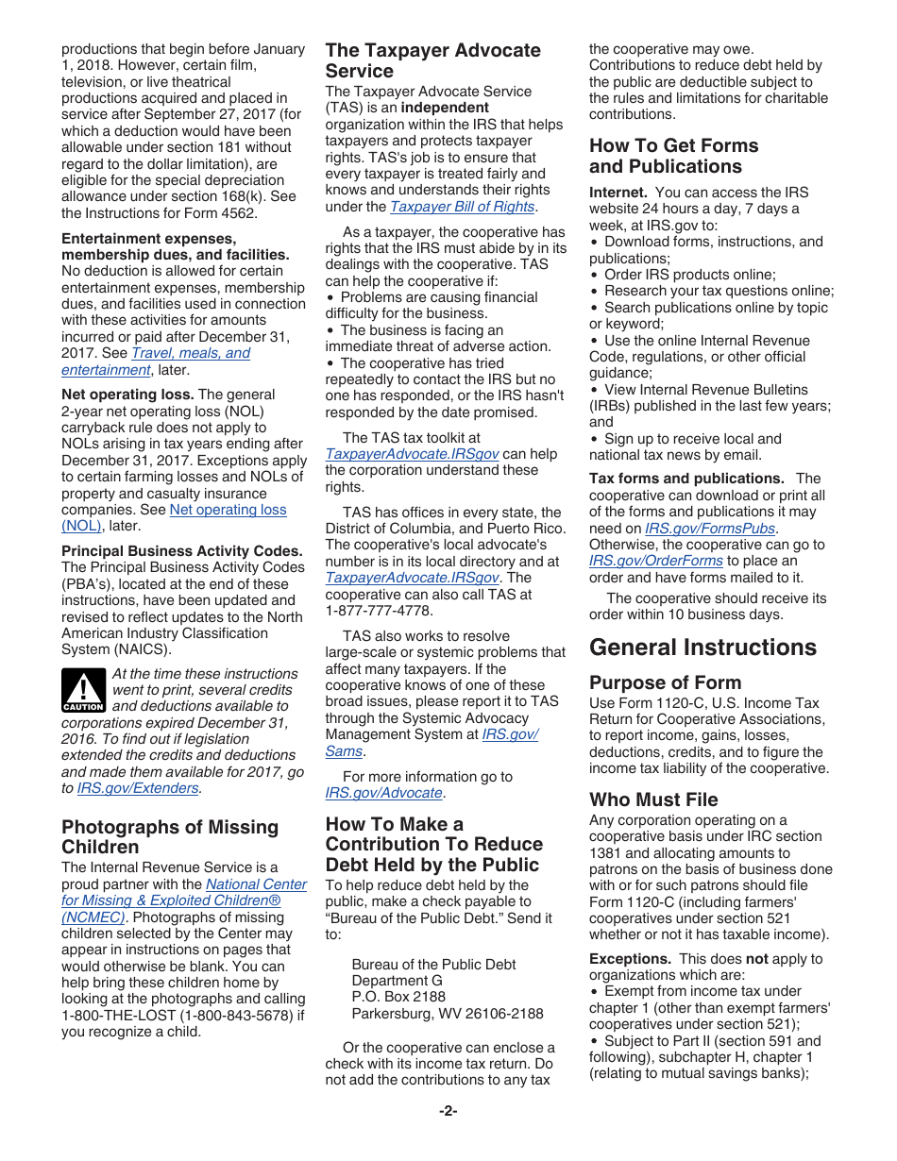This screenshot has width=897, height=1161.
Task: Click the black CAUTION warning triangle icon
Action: pyautogui.click(x=83, y=690)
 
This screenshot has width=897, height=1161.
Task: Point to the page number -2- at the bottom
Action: pyautogui.click(x=448, y=1111)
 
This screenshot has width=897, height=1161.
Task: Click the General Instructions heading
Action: pyautogui.click(x=702, y=648)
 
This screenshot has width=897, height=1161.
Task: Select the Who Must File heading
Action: pyautogui.click(x=653, y=799)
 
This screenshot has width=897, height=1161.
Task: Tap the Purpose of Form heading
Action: pyautogui.click(x=665, y=682)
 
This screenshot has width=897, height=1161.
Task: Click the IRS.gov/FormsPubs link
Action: pyautogui.click(x=709, y=529)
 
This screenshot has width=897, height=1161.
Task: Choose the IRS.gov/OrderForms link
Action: pyautogui.click(x=656, y=561)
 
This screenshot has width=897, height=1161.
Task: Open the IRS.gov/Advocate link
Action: pyautogui.click(x=383, y=793)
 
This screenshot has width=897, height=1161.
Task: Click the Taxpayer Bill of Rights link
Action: pyautogui.click(x=463, y=207)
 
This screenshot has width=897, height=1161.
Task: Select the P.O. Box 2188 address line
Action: pyautogui.click(x=398, y=997)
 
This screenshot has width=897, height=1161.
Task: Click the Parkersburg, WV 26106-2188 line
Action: pyautogui.click(x=448, y=1014)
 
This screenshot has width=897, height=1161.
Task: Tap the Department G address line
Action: pyautogui.click(x=397, y=981)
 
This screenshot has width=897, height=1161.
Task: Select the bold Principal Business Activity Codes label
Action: pyautogui.click(x=182, y=551)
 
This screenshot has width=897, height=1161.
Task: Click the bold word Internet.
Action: pyautogui.click(x=618, y=193)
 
